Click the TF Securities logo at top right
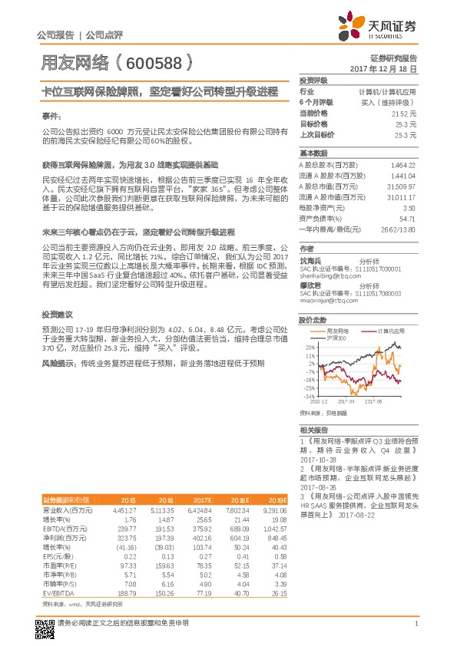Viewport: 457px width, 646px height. pyautogui.click(x=382, y=28)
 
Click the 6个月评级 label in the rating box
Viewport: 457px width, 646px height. pyautogui.click(x=316, y=102)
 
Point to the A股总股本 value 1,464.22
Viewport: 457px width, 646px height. pyautogui.click(x=402, y=165)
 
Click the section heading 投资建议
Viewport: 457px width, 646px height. pyautogui.click(x=57, y=314)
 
